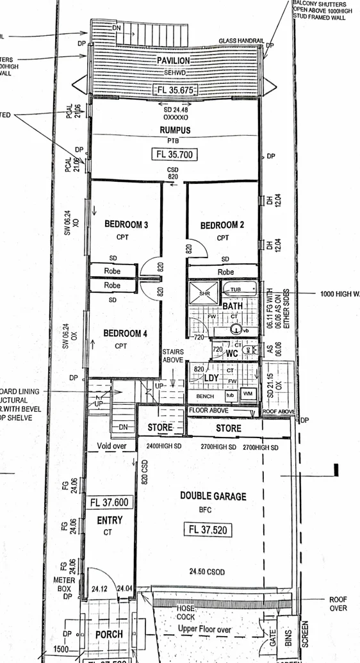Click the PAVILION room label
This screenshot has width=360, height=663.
(x=173, y=60)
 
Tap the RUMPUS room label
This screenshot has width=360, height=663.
(x=176, y=130)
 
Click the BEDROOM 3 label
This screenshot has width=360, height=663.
(x=126, y=225)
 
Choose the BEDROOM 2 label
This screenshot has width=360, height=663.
(x=222, y=225)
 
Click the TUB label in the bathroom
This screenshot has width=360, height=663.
(x=237, y=290)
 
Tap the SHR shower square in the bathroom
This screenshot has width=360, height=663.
(x=205, y=293)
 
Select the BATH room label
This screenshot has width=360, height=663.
(x=232, y=307)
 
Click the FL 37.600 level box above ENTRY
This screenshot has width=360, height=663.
(x=109, y=503)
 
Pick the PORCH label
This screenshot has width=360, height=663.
(x=109, y=634)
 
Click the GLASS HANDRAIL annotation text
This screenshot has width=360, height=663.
(x=241, y=40)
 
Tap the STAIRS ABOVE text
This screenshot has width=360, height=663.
(x=173, y=356)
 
